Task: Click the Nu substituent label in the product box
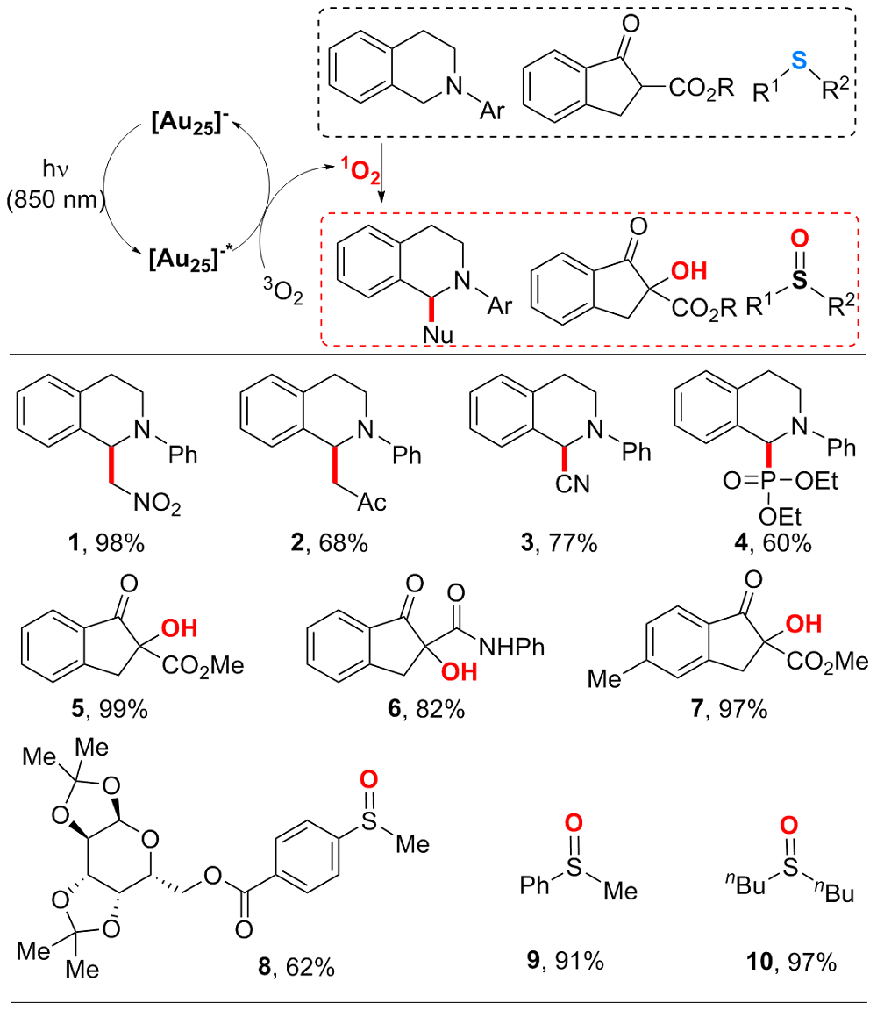click(393, 331)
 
